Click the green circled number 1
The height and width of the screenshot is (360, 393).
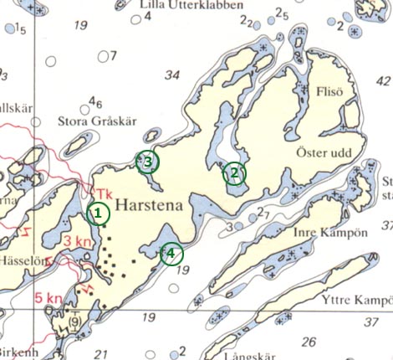coord(99,213)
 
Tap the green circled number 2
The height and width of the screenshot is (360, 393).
coord(235,173)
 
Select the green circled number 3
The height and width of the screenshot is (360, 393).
coord(148,162)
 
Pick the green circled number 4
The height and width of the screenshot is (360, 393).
coord(171,253)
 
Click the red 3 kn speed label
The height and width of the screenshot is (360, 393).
coord(76,242)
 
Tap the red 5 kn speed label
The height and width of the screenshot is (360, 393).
coord(48,297)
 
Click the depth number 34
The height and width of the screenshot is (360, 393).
coord(172,75)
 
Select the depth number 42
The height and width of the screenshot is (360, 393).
coord(384,80)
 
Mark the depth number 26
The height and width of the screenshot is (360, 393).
coord(309,342)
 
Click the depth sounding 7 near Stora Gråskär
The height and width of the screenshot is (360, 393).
coord(112,56)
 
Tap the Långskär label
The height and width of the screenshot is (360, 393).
coord(249,355)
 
